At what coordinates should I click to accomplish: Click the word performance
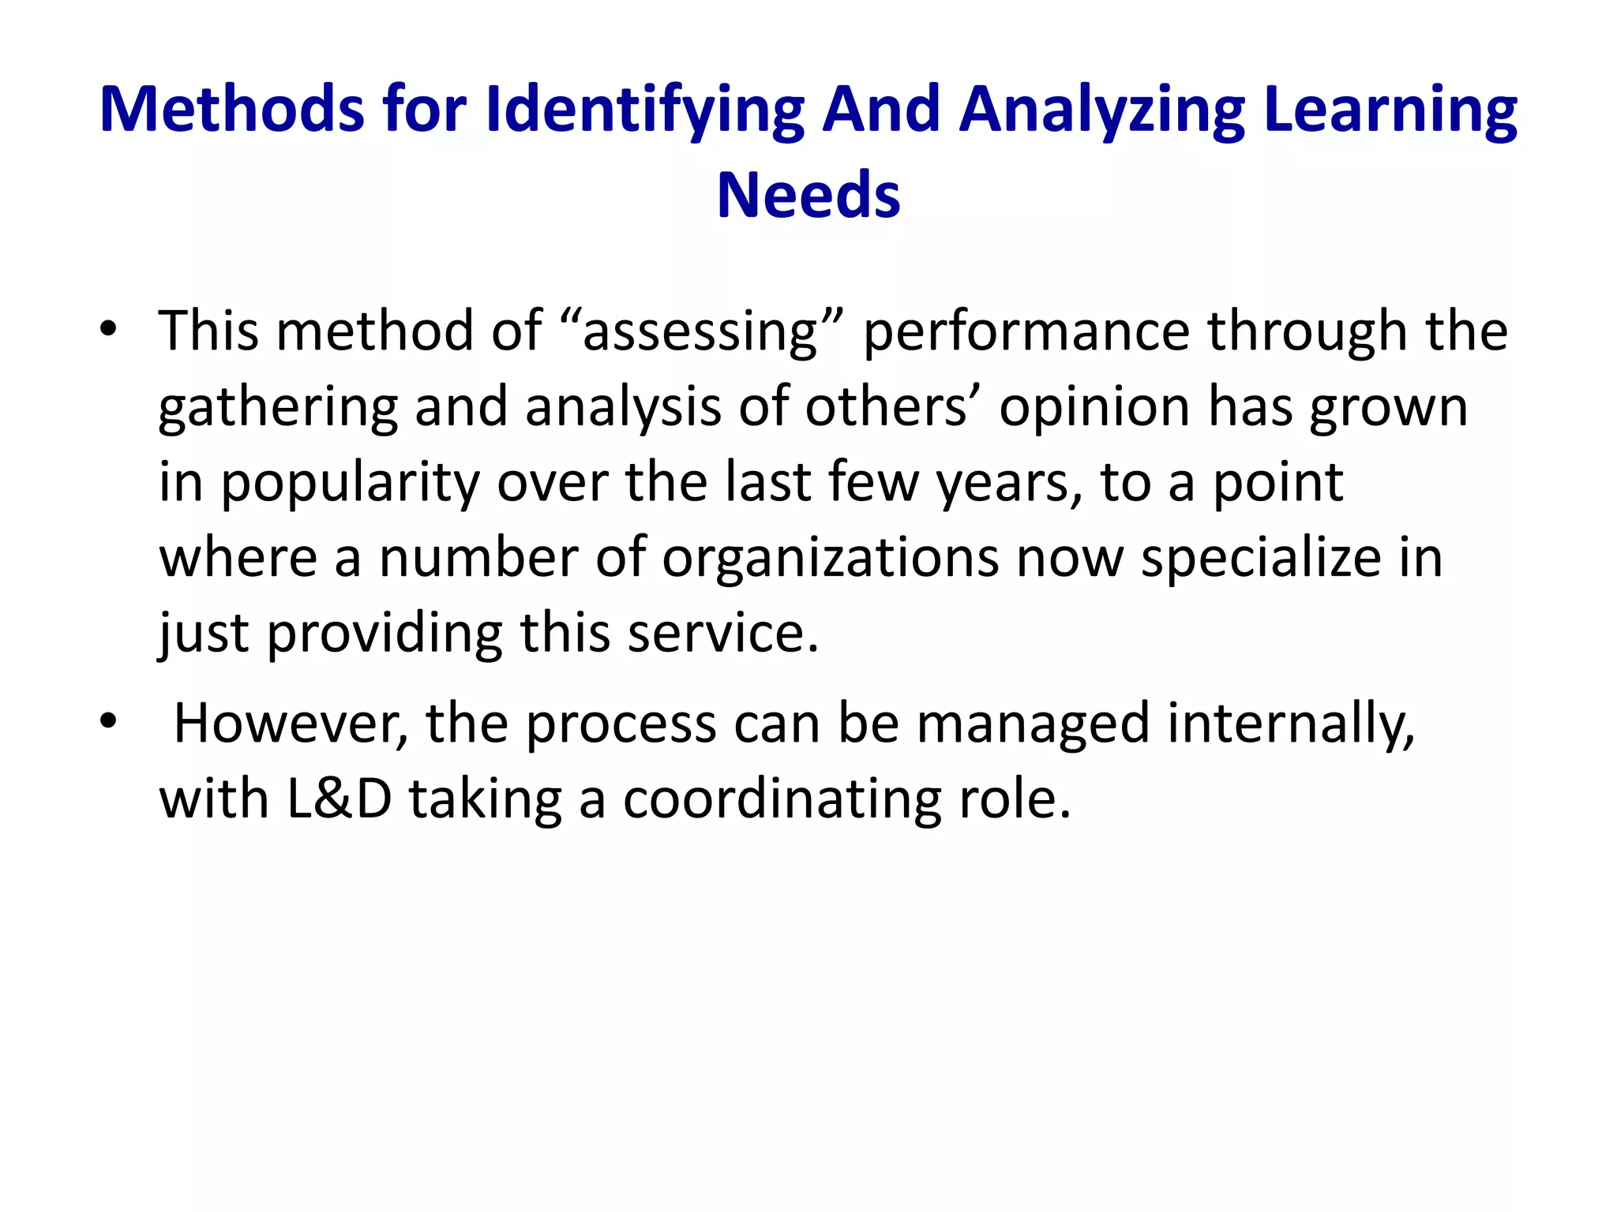click(1026, 331)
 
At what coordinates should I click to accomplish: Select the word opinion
click(1094, 407)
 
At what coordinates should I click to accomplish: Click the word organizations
click(830, 558)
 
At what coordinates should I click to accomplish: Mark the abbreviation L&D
click(339, 799)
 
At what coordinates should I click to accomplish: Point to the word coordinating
click(782, 799)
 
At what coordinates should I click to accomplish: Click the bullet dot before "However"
click(108, 720)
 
